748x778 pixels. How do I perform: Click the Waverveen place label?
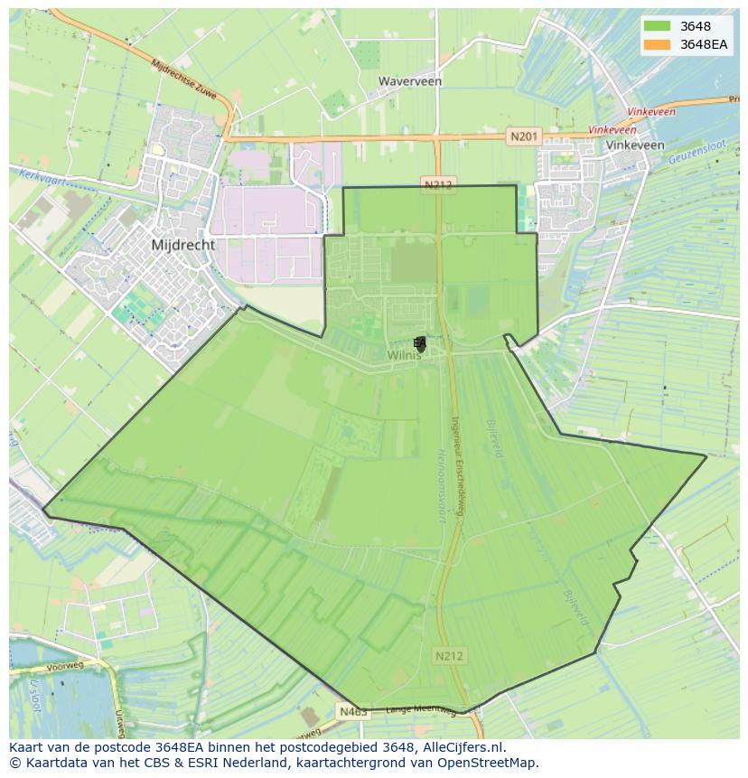409,81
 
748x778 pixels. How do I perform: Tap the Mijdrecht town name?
183,245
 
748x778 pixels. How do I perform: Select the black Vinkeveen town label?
635,145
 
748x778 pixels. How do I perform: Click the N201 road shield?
523,136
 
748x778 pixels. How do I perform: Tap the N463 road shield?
353,712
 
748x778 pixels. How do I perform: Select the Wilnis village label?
405,356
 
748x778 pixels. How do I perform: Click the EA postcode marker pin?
420,343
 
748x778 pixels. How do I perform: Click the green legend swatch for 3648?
658,26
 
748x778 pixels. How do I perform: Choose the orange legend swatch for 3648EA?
658,44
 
